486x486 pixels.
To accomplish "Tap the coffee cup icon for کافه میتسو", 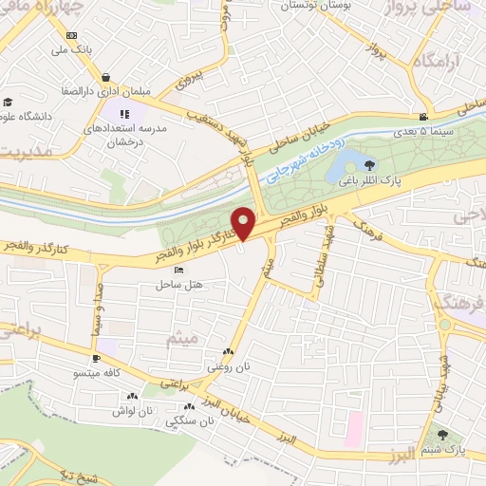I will click(x=96, y=359).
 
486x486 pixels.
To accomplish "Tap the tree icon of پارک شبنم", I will click(x=442, y=435).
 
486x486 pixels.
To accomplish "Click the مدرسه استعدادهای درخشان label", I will click(x=126, y=133).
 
